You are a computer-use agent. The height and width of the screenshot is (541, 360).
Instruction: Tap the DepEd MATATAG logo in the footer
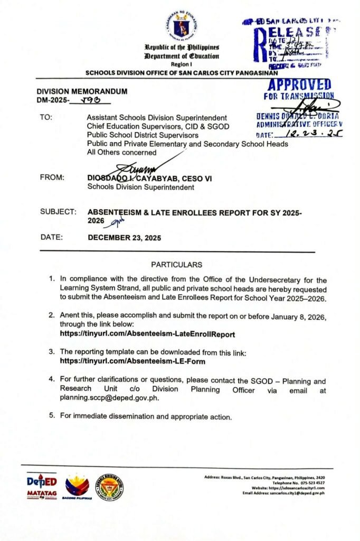(x=41, y=486)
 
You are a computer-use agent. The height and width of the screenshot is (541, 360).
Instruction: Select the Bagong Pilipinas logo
(x=77, y=486)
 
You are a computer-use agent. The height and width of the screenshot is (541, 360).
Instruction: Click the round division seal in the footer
(x=110, y=486)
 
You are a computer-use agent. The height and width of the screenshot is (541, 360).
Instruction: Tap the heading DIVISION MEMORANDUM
(x=82, y=91)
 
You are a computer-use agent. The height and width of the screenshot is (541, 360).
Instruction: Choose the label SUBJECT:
(x=58, y=212)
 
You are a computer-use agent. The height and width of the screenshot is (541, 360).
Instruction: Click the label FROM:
(x=52, y=178)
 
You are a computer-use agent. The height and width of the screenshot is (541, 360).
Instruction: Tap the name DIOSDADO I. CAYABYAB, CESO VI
(x=149, y=179)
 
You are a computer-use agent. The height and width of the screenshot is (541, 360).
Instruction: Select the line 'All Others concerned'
(x=121, y=153)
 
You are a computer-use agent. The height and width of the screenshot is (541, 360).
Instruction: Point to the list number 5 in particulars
(x=52, y=415)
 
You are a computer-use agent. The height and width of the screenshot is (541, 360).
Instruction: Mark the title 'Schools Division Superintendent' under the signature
(x=140, y=187)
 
